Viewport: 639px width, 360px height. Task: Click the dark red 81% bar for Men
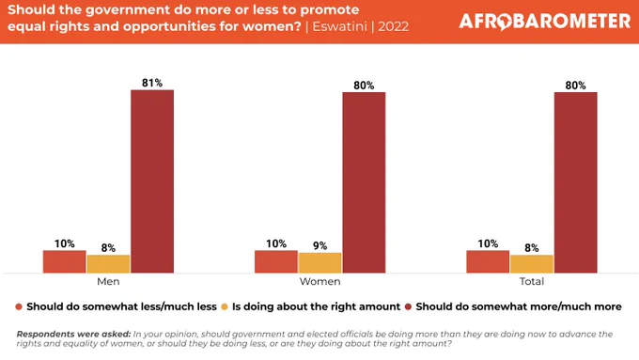tap(152, 181)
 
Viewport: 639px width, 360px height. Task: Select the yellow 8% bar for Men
tap(108, 264)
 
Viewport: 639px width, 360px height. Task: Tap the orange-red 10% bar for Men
tap(65, 261)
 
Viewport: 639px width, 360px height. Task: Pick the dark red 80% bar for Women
tap(364, 182)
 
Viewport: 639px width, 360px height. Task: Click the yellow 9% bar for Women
tap(319, 262)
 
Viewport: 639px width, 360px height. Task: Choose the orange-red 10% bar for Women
tap(276, 261)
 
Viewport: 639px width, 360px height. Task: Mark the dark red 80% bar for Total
tap(575, 182)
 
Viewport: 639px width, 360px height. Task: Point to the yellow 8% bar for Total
tap(532, 264)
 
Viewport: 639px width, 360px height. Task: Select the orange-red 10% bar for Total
tap(488, 261)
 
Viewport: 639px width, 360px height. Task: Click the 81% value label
tap(152, 83)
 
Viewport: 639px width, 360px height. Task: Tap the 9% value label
tap(319, 246)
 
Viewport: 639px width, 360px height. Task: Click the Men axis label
tap(108, 281)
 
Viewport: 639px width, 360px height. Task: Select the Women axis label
tap(319, 281)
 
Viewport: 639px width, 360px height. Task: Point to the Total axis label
tap(532, 281)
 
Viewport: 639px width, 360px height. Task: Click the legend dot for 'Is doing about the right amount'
tap(225, 306)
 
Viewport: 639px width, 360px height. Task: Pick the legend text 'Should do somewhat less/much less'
tap(121, 306)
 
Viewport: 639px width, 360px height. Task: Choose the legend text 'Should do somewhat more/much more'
tap(519, 306)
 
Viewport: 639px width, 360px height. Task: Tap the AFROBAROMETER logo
tap(545, 22)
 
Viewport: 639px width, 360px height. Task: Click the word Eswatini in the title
tap(340, 26)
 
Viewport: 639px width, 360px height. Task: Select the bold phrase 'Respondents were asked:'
tap(73, 334)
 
